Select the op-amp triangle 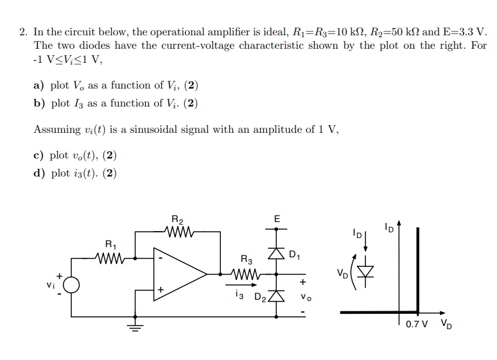coord(177,274)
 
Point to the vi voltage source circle coord(71,286)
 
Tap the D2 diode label coord(260,297)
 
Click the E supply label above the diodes coord(277,219)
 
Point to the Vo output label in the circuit coord(303,297)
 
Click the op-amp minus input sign coord(161,259)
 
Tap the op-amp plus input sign coord(161,290)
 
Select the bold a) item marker coord(39,86)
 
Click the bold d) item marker coord(39,173)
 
